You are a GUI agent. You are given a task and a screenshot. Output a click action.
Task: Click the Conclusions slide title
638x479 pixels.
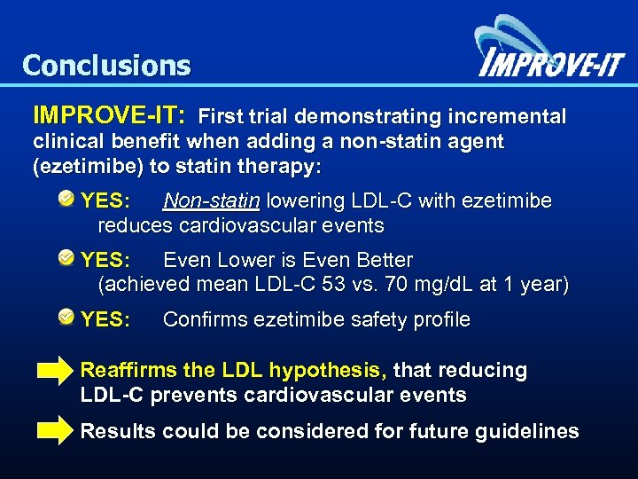click(106, 65)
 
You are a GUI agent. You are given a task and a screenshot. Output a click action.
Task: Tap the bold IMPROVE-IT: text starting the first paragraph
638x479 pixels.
click(109, 115)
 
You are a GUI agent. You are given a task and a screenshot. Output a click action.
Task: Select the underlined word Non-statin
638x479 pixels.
click(211, 201)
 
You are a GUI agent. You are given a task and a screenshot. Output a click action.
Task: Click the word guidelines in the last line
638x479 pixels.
click(530, 432)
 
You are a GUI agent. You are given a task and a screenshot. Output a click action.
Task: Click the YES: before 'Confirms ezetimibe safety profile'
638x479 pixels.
click(105, 319)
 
